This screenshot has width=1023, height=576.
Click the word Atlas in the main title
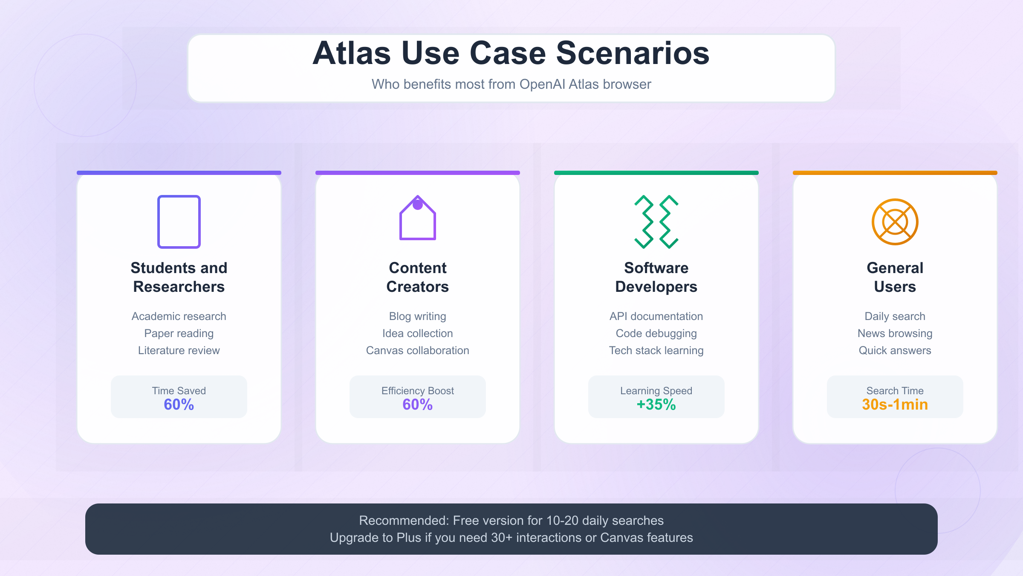(x=352, y=53)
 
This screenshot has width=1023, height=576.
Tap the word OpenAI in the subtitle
(x=542, y=84)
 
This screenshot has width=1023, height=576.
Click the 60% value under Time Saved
(x=179, y=404)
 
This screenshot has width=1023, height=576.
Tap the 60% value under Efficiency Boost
(x=418, y=404)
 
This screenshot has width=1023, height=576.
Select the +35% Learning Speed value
(x=656, y=404)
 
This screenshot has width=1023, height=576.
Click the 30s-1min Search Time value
(x=895, y=404)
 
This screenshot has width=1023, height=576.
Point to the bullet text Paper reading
(x=179, y=333)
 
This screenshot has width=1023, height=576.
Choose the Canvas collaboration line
(x=418, y=350)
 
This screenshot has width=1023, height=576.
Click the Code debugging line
(x=656, y=333)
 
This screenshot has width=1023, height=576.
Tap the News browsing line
(x=895, y=333)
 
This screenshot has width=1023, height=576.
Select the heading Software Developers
(x=656, y=277)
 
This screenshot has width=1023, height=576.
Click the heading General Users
(x=895, y=277)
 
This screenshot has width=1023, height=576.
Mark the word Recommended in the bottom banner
(x=404, y=521)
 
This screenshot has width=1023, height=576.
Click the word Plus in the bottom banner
(x=409, y=538)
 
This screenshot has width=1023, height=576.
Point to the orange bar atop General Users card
(x=895, y=173)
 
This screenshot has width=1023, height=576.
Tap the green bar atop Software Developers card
(x=656, y=173)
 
